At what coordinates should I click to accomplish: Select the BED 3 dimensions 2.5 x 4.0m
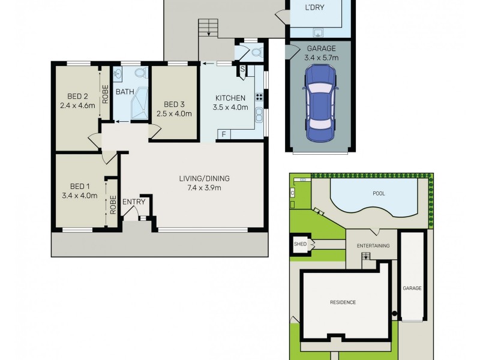173,113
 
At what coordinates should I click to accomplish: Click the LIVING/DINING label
204,178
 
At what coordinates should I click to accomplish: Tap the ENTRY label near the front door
134,202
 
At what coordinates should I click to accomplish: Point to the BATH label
125,92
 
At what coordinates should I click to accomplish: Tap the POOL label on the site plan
379,194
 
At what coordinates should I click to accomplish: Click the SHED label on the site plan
299,244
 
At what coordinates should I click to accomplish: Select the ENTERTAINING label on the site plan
373,246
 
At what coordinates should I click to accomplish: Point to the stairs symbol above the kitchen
209,28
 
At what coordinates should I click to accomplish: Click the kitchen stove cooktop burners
260,96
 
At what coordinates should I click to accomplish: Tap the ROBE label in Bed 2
105,95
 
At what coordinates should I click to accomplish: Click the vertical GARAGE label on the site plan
412,288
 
